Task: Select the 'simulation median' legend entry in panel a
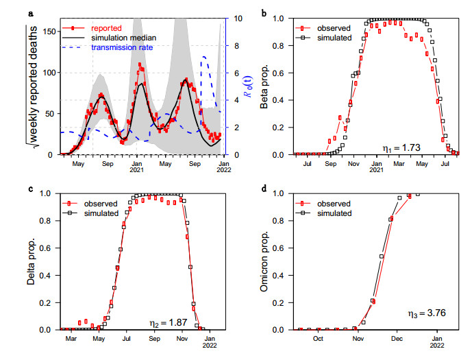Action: (x=116, y=38)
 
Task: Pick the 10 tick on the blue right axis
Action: (x=233, y=18)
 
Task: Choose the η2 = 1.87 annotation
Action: (x=169, y=322)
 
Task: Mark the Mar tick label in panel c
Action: (x=71, y=339)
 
